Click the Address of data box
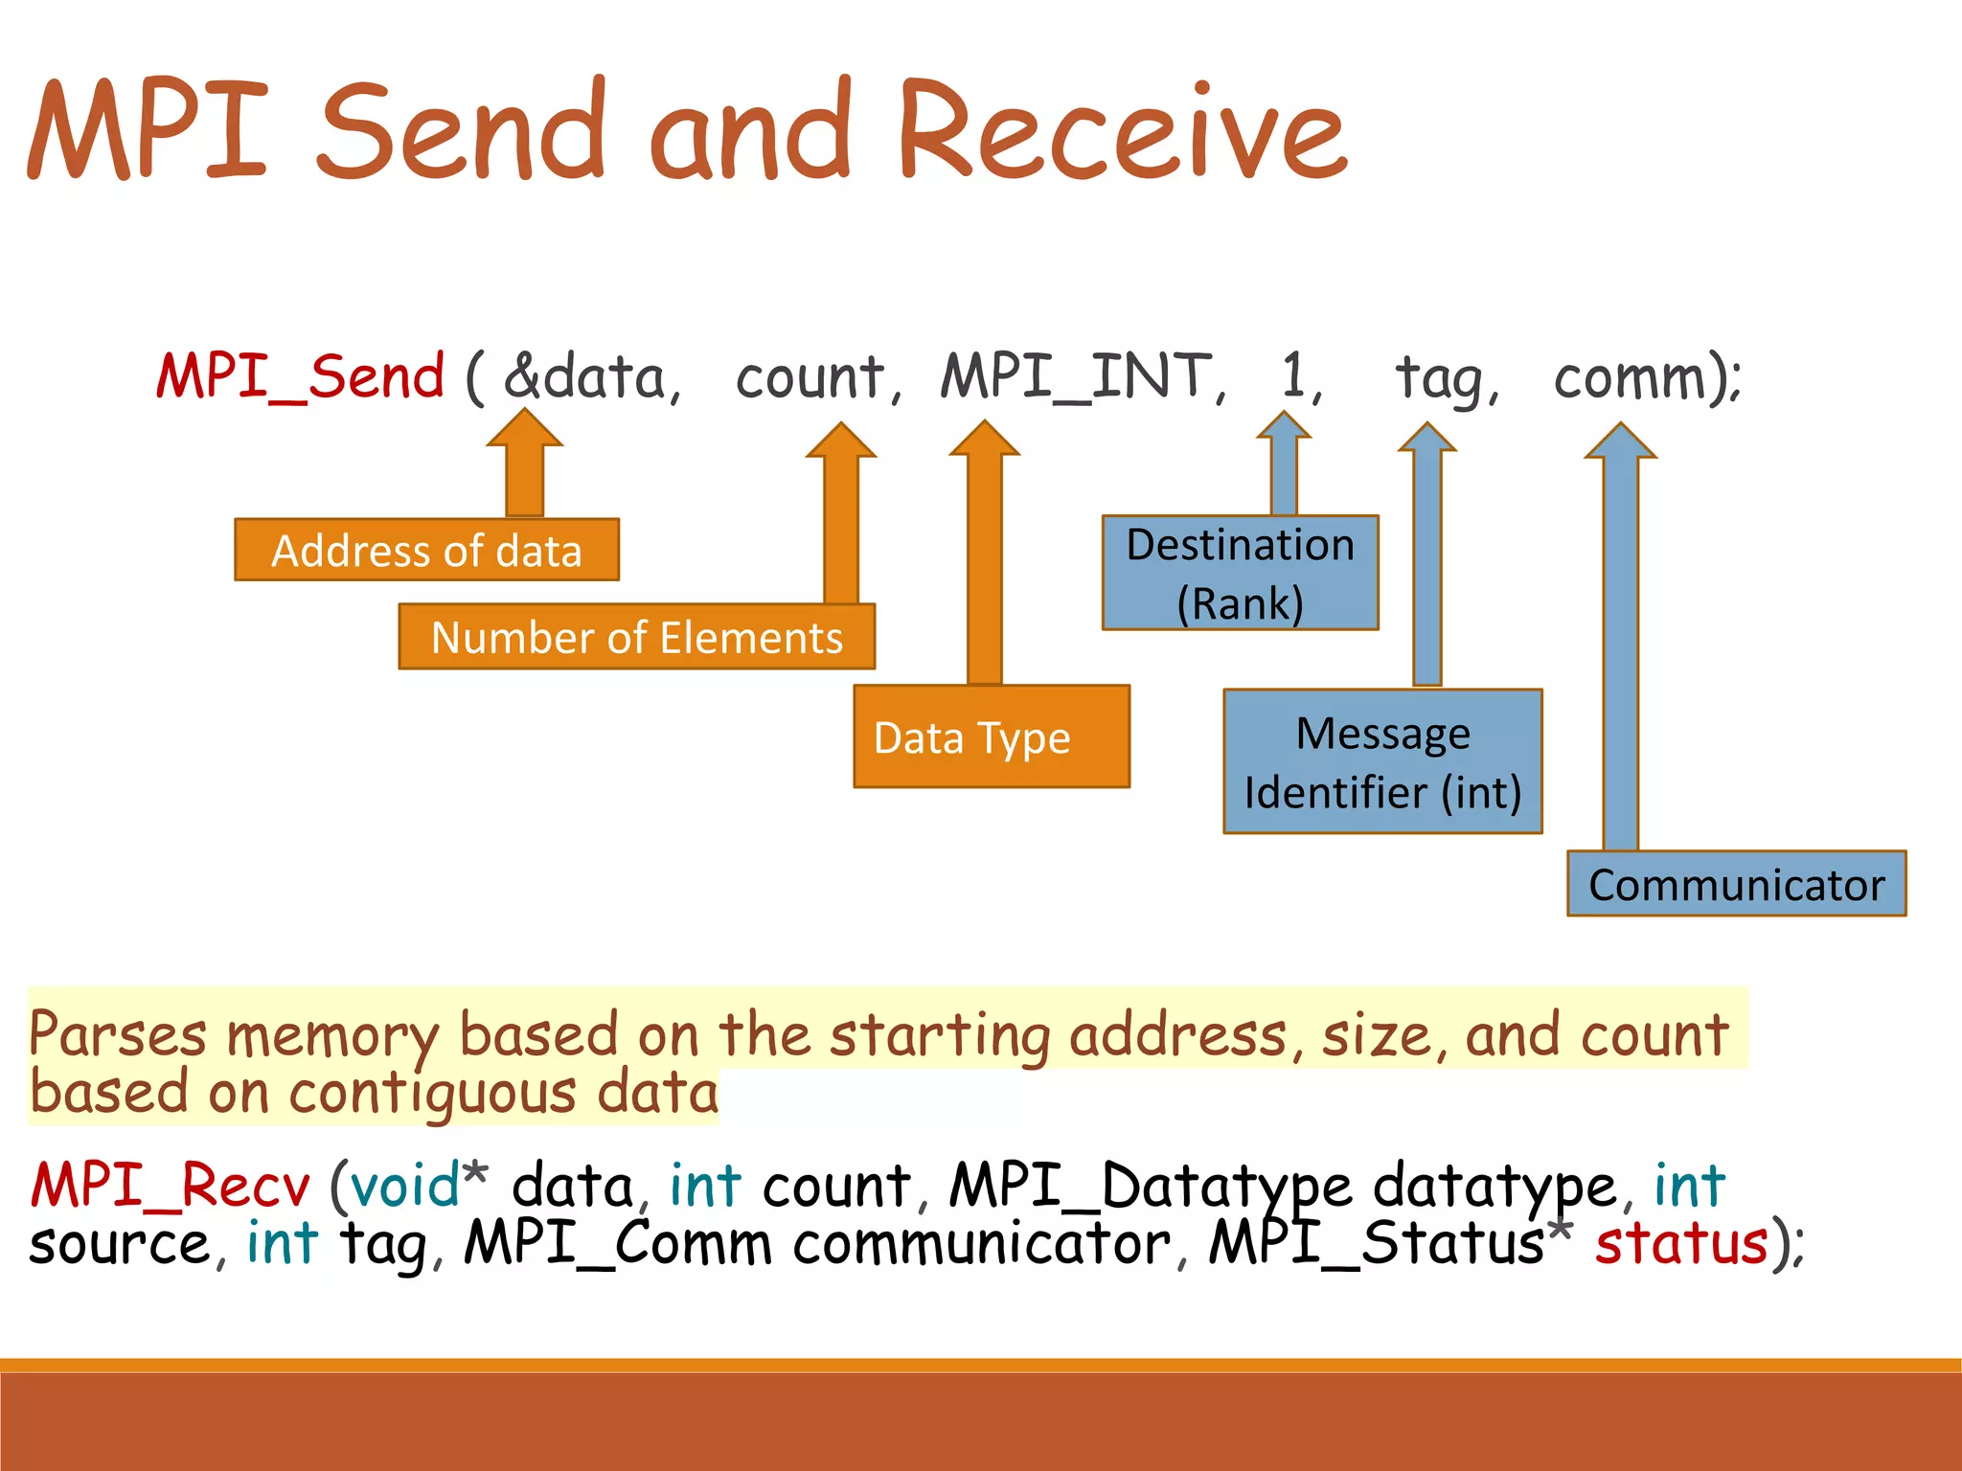point(426,551)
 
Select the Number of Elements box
point(636,637)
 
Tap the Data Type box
point(992,737)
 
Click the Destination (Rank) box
point(1240,573)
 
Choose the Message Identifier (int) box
point(1382,761)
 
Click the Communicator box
point(1736,884)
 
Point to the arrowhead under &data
point(525,430)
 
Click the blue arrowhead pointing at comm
point(1620,442)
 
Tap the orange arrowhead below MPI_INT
point(985,440)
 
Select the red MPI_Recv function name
point(171,1186)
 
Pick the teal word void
point(404,1186)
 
